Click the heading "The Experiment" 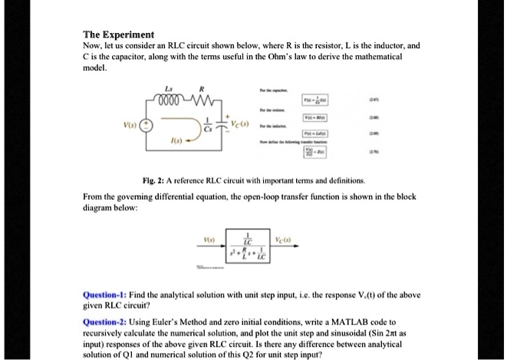point(119,35)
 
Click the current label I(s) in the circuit point(177,144)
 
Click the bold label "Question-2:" point(107,325)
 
